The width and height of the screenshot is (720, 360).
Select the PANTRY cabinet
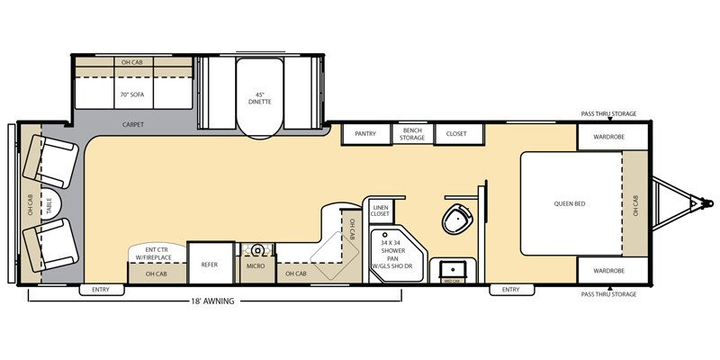click(x=365, y=133)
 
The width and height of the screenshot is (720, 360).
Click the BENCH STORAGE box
click(x=412, y=133)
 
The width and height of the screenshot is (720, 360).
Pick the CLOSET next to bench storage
click(x=459, y=133)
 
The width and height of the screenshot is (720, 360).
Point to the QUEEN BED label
click(x=570, y=203)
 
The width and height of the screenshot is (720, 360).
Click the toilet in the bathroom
click(x=457, y=217)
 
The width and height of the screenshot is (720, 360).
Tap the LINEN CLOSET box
click(x=380, y=211)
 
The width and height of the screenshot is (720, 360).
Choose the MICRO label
click(x=256, y=267)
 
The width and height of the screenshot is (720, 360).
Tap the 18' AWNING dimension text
click(x=213, y=301)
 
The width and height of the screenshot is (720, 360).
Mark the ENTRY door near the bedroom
click(x=510, y=289)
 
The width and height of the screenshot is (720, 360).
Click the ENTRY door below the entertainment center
click(x=101, y=289)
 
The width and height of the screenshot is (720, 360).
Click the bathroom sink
click(x=452, y=269)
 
